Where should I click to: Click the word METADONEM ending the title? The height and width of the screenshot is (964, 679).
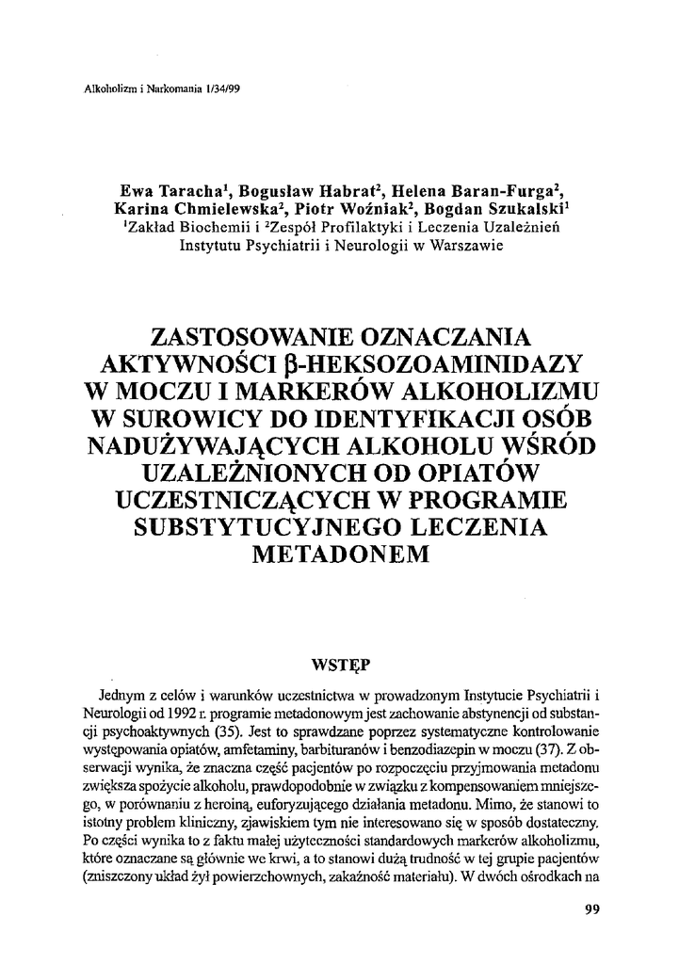pyautogui.click(x=341, y=554)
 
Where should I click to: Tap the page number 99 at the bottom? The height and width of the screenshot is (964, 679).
pyautogui.click(x=592, y=909)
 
